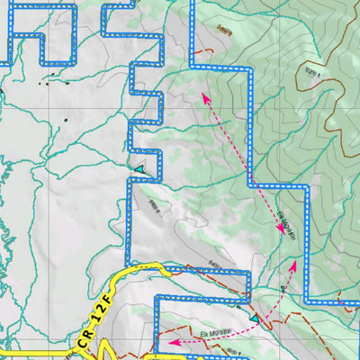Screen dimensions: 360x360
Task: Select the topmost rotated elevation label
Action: pos(224,32)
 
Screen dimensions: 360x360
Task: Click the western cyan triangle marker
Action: pos(139,168)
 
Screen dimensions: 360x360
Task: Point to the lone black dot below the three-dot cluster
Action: pos(66,120)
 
